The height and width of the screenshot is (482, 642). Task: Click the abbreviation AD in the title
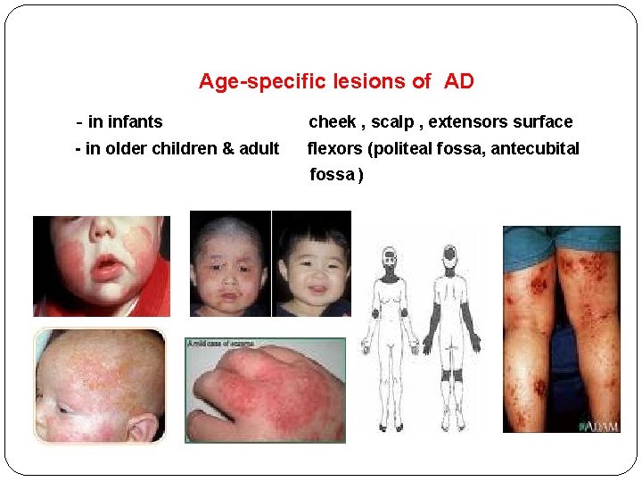tap(458, 81)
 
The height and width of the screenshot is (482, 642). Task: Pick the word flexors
tap(334, 148)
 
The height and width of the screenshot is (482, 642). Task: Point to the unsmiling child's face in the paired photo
tap(230, 268)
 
